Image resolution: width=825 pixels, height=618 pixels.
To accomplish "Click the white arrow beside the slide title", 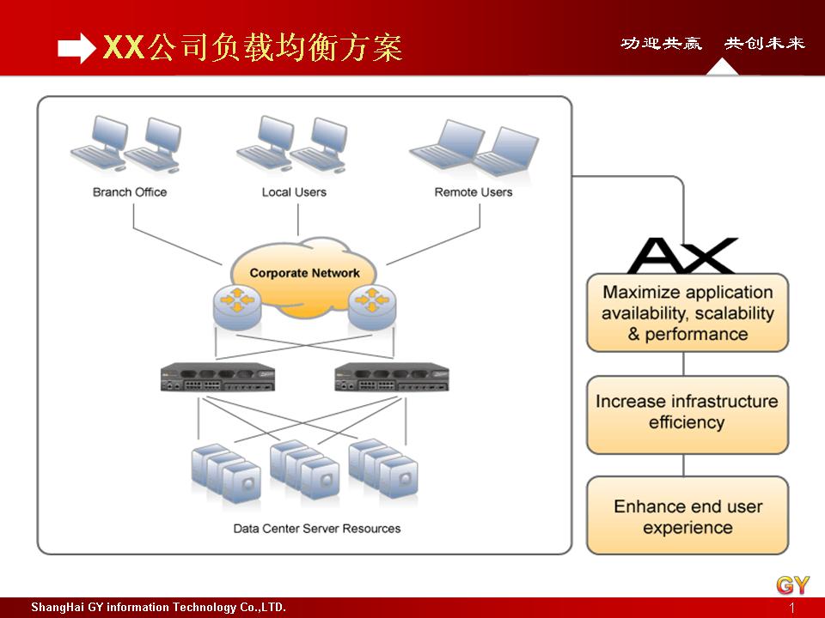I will click(76, 49).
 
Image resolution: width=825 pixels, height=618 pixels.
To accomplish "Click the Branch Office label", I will click(130, 192).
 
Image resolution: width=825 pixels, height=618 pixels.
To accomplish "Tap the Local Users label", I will click(294, 192).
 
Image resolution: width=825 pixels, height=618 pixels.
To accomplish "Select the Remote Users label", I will click(473, 192).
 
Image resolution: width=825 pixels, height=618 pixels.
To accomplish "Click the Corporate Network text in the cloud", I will click(304, 273).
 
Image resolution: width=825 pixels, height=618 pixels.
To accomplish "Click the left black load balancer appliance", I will click(217, 378).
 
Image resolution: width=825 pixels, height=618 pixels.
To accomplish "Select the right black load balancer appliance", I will click(391, 378).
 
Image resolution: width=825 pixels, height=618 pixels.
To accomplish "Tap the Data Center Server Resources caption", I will click(317, 529).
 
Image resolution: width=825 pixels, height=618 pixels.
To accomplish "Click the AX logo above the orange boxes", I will click(682, 256).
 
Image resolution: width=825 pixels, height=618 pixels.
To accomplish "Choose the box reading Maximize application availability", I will click(687, 313).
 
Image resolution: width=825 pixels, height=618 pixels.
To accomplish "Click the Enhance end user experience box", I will click(687, 516).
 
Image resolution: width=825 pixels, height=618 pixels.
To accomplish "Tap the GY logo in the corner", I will click(792, 585).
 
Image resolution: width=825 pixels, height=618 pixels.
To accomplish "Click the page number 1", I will click(791, 608).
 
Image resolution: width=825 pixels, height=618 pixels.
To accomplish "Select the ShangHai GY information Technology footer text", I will click(158, 608).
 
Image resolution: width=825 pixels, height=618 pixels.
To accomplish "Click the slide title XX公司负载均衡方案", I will click(252, 48).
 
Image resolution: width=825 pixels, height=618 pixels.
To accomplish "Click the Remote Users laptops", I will click(474, 148).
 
